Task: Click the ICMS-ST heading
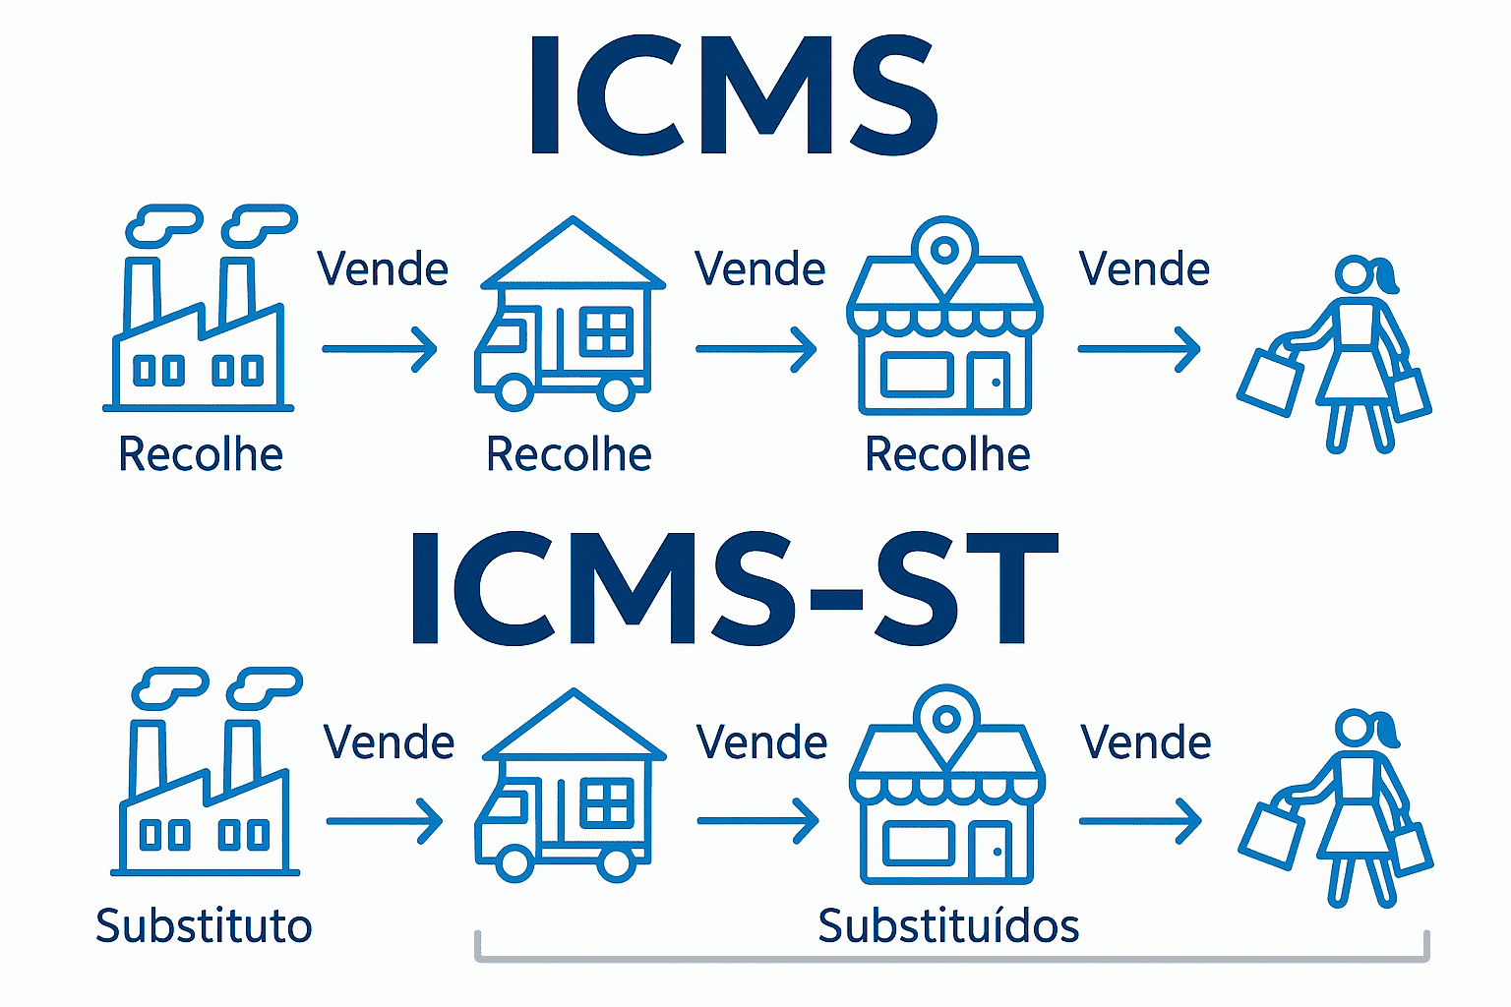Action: coord(734,588)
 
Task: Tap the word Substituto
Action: coord(204,926)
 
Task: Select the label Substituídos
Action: coord(948,926)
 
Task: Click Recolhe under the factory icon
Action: coord(201,454)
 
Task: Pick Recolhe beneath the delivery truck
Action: coord(569,454)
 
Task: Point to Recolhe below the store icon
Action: coord(947,454)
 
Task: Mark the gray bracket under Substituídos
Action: coord(950,957)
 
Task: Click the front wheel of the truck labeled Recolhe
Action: coord(514,391)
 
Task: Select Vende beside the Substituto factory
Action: coord(389,742)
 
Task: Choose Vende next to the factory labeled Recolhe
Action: coord(383,269)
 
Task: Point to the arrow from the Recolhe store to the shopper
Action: coord(1139,349)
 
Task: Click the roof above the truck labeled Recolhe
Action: coord(573,253)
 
